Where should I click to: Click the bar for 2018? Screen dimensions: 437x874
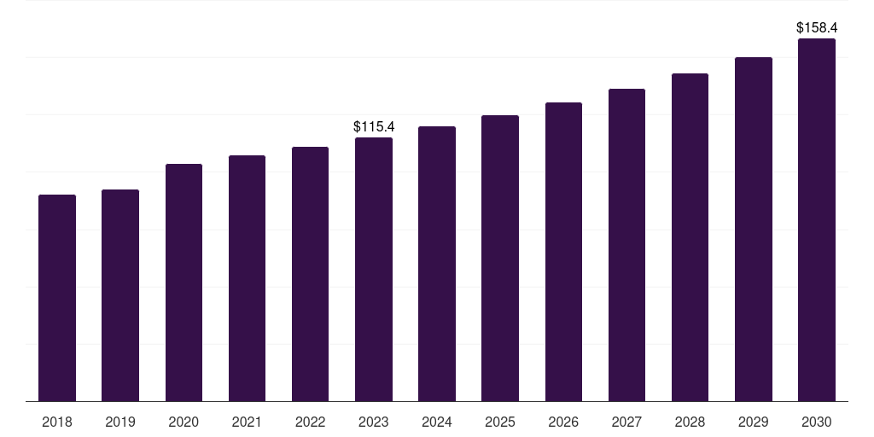click(57, 298)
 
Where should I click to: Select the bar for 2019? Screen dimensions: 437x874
click(120, 295)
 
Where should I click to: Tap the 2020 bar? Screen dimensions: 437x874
click(184, 283)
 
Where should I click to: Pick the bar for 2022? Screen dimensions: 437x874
click(310, 274)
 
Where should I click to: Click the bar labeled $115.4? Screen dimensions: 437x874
click(374, 269)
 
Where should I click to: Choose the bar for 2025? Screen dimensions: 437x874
click(500, 258)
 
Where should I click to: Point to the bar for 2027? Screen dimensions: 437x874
click(626, 245)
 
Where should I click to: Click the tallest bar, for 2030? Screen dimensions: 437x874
click(817, 219)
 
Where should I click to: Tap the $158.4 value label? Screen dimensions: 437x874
click(816, 28)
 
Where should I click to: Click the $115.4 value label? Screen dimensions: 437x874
click(374, 126)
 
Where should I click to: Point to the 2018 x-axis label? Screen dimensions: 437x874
click(57, 422)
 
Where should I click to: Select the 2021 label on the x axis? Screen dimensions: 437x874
click(247, 422)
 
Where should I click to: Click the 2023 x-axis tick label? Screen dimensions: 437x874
click(374, 422)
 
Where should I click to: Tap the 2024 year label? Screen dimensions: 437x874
click(437, 422)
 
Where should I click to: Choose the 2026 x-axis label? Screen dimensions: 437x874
click(563, 422)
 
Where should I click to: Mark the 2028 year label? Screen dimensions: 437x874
click(690, 422)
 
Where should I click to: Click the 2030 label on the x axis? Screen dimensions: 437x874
click(817, 422)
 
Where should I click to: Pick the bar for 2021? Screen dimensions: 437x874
click(247, 278)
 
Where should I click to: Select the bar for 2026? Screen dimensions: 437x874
click(563, 252)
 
